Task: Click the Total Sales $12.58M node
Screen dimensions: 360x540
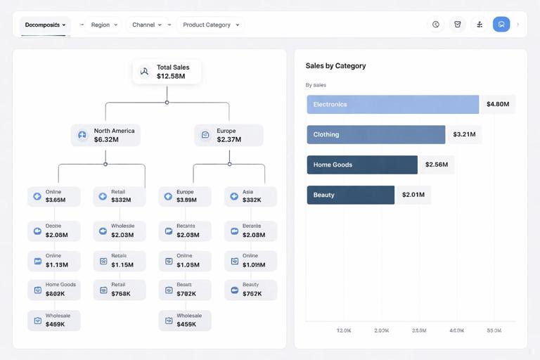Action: [x=167, y=72]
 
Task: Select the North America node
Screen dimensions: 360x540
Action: [x=105, y=135]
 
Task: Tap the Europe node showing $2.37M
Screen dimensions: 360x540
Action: [x=229, y=135]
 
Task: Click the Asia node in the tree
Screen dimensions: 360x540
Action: [x=250, y=196]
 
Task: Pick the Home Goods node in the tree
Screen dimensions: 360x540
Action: [x=54, y=290]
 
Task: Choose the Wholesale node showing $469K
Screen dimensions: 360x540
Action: [x=54, y=321]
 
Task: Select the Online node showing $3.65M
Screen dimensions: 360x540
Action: [x=54, y=196]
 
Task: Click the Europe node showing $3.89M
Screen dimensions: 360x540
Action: [x=185, y=196]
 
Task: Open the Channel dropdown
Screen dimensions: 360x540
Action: [x=147, y=25]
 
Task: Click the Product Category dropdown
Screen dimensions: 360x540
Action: [x=210, y=25]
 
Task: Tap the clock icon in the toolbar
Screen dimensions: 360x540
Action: [x=436, y=25]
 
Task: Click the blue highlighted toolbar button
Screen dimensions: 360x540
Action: [x=501, y=25]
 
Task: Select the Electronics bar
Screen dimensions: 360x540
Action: [x=392, y=104]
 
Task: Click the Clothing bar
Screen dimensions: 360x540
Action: [x=375, y=134]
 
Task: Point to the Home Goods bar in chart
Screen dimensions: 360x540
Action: [x=362, y=165]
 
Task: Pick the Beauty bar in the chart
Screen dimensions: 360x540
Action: [x=350, y=195]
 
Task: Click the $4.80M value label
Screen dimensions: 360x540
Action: [x=497, y=104]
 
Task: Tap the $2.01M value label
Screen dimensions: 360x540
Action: [x=413, y=195]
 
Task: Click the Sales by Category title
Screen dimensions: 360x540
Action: [x=335, y=66]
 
